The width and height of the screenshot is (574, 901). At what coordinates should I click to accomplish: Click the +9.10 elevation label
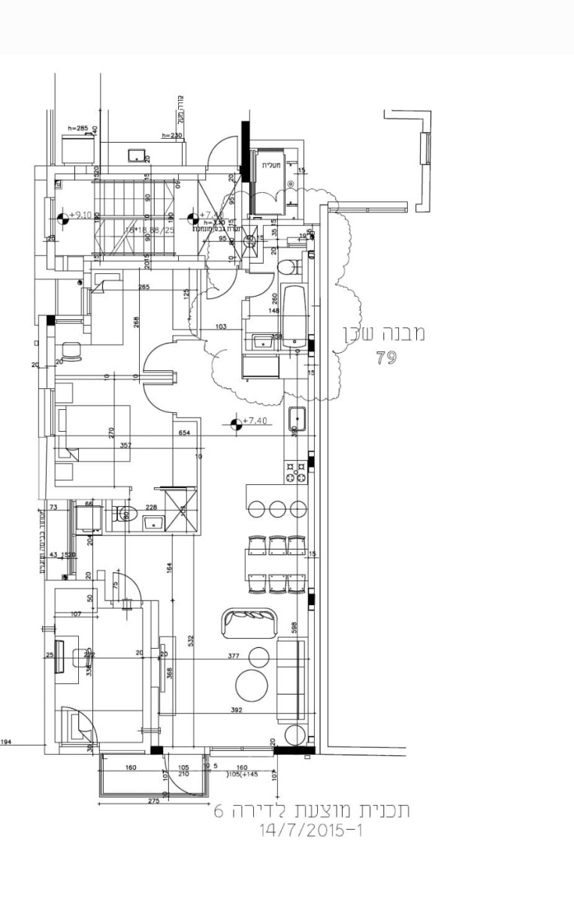pos(80,215)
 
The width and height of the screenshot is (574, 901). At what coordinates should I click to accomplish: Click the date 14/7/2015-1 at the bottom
pos(310,831)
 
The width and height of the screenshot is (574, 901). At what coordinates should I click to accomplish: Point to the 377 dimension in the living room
pos(234,655)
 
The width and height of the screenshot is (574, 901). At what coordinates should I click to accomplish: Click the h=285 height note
pos(78,128)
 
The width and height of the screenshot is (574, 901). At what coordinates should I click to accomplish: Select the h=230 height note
pos(172,135)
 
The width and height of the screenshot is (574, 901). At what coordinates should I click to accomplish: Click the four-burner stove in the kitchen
pos(295,472)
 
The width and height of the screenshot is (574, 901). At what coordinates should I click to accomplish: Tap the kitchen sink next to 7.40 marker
pos(298,417)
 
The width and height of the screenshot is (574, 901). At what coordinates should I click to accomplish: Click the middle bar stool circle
pos(277,508)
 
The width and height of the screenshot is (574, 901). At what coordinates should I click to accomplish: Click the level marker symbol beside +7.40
pos(237,424)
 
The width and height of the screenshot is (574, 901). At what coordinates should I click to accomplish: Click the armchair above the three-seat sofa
pos(249,622)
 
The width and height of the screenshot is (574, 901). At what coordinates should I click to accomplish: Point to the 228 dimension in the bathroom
pos(150,508)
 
